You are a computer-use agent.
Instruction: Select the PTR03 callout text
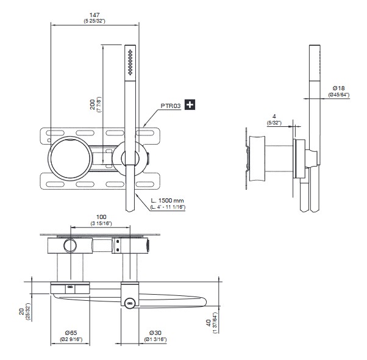(x=171, y=105)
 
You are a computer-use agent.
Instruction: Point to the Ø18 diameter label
(x=338, y=88)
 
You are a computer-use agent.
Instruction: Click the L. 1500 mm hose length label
(x=167, y=200)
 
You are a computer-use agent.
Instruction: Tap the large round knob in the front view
(x=71, y=158)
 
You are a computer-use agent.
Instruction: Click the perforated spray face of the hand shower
(x=129, y=63)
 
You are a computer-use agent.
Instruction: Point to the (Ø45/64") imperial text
(x=338, y=95)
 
